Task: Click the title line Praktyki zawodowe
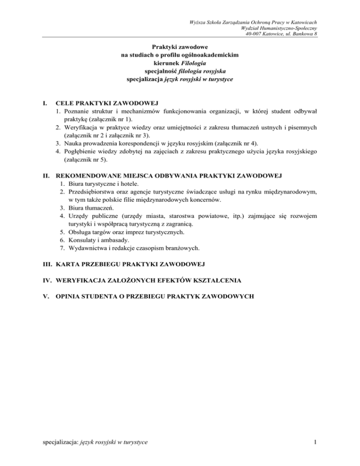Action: click(x=180, y=47)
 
